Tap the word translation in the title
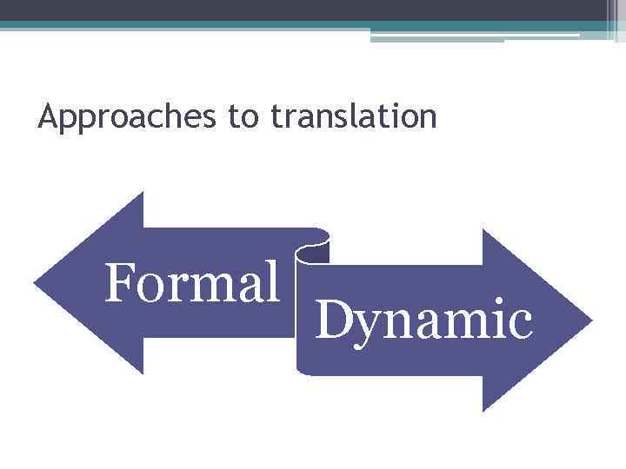pyautogui.click(x=354, y=116)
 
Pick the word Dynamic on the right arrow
pyautogui.click(x=423, y=319)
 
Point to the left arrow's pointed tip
pyautogui.click(x=35, y=283)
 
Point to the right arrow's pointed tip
pyautogui.click(x=591, y=320)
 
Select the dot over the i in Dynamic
pyautogui.click(x=497, y=301)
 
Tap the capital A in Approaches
pyautogui.click(x=48, y=116)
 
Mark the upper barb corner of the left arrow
pyautogui.click(x=142, y=194)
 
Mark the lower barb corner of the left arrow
pyautogui.click(x=142, y=373)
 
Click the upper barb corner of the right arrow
pyautogui.click(x=483, y=230)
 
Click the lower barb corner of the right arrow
pyautogui.click(x=483, y=410)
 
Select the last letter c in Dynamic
pyautogui.click(x=518, y=323)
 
